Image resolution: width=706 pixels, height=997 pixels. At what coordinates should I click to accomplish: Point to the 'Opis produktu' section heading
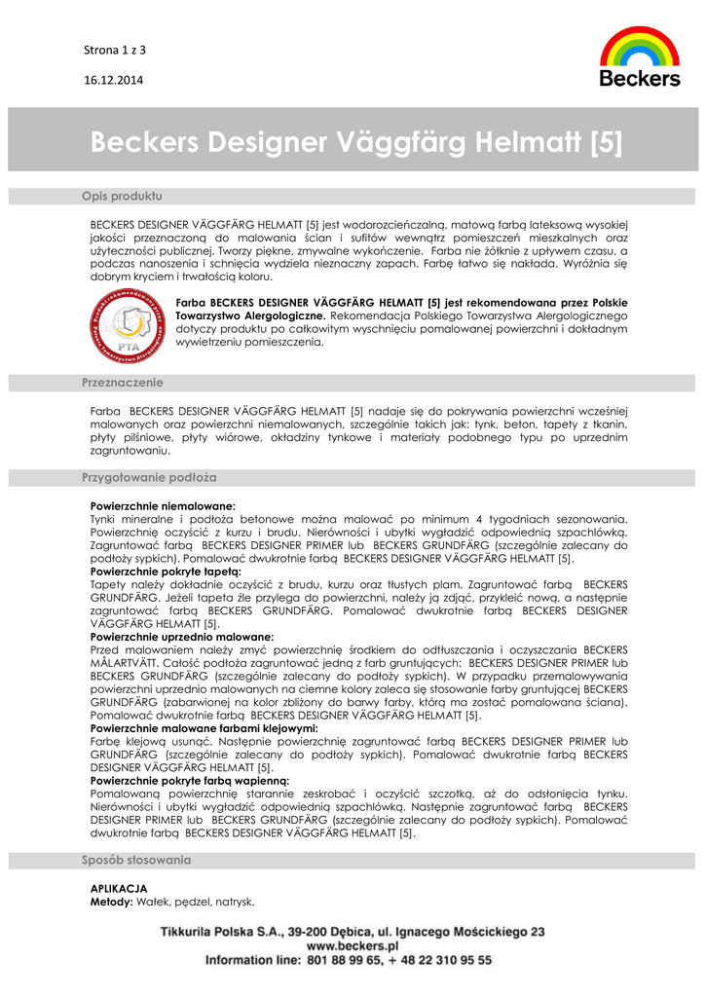tap(122, 197)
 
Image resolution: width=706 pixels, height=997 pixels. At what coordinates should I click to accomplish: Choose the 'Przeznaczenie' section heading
tap(123, 383)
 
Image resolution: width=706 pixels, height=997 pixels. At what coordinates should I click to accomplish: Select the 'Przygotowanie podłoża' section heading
tap(149, 478)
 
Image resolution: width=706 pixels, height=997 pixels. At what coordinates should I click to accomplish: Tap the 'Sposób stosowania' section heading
tap(136, 861)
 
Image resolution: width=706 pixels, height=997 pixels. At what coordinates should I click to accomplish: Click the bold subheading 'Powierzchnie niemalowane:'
tap(163, 507)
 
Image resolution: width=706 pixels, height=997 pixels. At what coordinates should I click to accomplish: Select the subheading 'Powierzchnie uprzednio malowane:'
tap(182, 637)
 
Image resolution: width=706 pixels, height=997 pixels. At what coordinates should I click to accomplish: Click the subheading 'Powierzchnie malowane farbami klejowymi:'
tap(204, 728)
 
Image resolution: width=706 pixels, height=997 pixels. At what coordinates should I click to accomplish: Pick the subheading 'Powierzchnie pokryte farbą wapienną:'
tap(190, 781)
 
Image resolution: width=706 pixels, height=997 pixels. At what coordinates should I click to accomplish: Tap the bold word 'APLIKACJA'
tap(119, 889)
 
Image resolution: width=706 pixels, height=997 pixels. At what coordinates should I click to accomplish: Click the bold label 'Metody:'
tap(111, 903)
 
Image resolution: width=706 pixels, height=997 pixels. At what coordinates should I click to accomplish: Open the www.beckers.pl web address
tap(353, 945)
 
